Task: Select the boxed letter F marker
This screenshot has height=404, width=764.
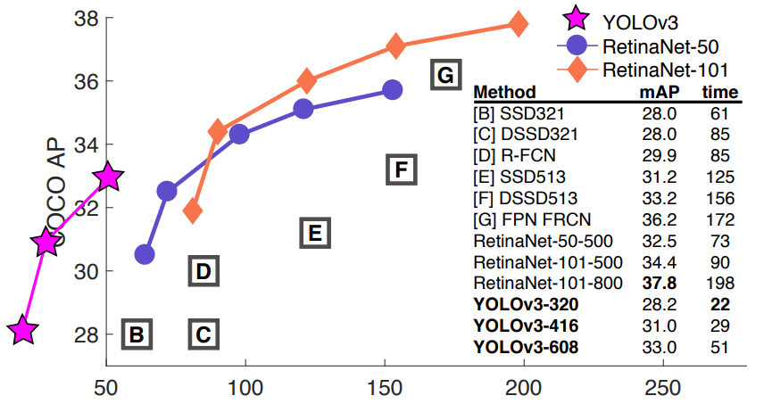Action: coord(402,169)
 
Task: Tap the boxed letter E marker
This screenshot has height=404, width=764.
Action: coord(314,234)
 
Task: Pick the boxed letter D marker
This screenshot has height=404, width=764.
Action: coord(203,270)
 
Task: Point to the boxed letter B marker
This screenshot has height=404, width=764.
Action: coord(137,334)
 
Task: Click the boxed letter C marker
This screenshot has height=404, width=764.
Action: coord(203,334)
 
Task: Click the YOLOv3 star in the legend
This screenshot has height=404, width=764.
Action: coord(574,17)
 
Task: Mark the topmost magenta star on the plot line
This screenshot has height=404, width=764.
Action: coord(108,177)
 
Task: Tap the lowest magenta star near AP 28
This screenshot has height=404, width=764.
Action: coord(23,332)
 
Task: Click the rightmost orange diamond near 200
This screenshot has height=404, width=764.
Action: coord(518,24)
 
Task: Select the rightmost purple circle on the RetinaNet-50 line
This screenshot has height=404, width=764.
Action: coord(392,89)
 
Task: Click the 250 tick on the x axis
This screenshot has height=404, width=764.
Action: coord(663,391)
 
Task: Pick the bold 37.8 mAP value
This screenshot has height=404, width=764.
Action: coord(658,284)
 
